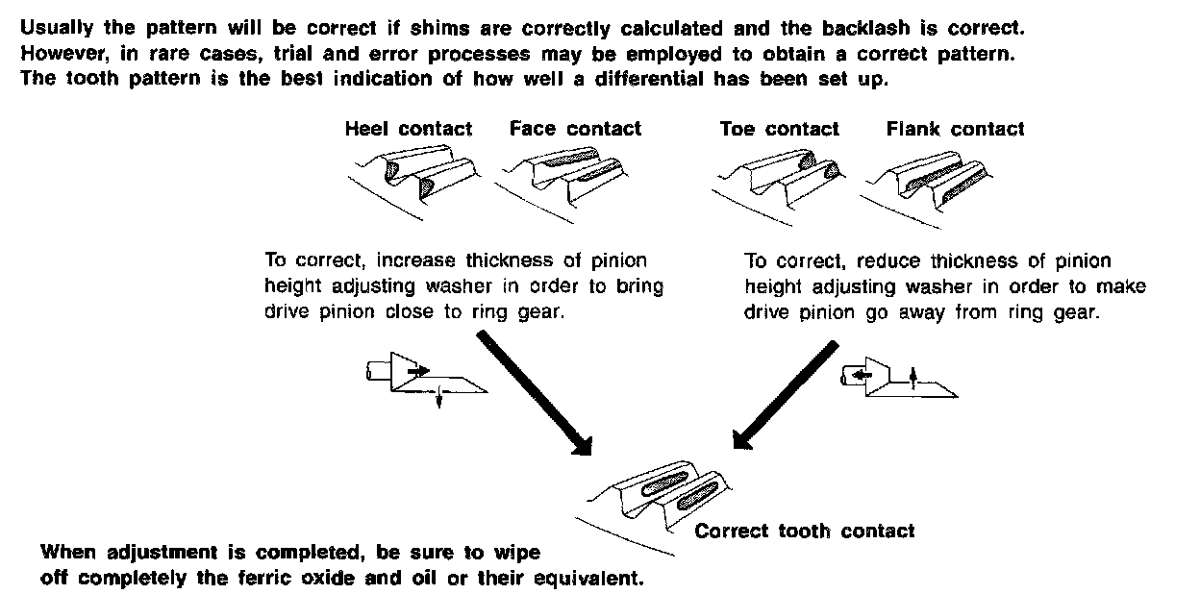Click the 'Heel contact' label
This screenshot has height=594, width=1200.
tap(409, 129)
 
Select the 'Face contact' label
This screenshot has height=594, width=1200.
tap(575, 129)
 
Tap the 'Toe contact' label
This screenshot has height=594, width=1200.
tap(779, 129)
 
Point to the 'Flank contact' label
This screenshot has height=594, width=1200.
tap(955, 129)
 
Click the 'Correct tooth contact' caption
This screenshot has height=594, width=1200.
tap(805, 531)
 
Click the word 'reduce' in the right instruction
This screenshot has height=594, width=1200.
tap(885, 260)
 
